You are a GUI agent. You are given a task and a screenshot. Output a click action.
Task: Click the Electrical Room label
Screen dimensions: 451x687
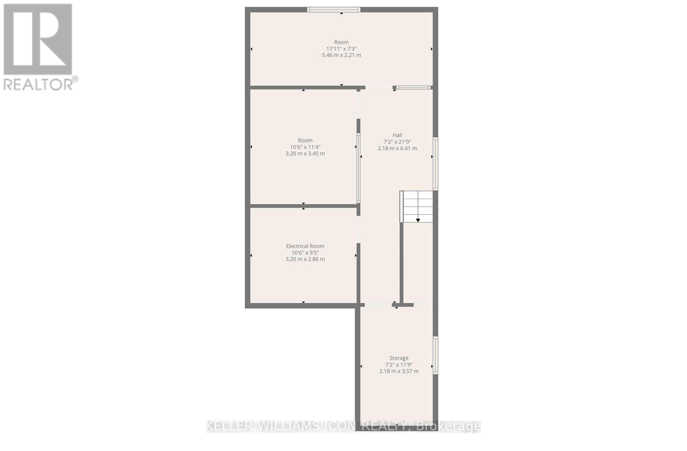(x=305, y=246)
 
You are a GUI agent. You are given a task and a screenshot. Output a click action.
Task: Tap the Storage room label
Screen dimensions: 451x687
(x=398, y=358)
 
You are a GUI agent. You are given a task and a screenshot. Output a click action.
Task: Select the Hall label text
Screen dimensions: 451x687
(x=397, y=135)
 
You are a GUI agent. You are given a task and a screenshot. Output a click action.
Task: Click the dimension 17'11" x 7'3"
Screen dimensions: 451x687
(x=341, y=49)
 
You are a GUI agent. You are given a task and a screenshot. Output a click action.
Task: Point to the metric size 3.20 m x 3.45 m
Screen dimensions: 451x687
(x=305, y=153)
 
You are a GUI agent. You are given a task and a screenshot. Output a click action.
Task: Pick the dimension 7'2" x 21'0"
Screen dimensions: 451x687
(x=397, y=142)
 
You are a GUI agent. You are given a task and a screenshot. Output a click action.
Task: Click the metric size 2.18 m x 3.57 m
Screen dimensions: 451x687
(x=398, y=371)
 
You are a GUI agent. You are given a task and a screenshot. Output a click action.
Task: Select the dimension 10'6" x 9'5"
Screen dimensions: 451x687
(x=305, y=253)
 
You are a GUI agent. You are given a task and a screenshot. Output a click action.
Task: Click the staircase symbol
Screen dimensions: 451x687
(x=416, y=206)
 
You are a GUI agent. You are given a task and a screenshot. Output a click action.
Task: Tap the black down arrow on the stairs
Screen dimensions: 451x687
(x=418, y=220)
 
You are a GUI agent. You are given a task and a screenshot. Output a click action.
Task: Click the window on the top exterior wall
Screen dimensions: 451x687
(x=334, y=9)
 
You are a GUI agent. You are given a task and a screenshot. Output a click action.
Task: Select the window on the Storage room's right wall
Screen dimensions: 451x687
(x=435, y=355)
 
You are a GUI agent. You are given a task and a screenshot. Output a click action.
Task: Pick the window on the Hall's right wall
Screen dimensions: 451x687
(x=435, y=164)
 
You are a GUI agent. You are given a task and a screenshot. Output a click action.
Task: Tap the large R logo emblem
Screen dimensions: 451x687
(x=38, y=40)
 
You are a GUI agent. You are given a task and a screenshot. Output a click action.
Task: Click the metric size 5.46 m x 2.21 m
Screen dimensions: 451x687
(x=341, y=55)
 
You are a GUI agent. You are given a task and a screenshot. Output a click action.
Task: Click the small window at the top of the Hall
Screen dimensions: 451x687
(x=413, y=88)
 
